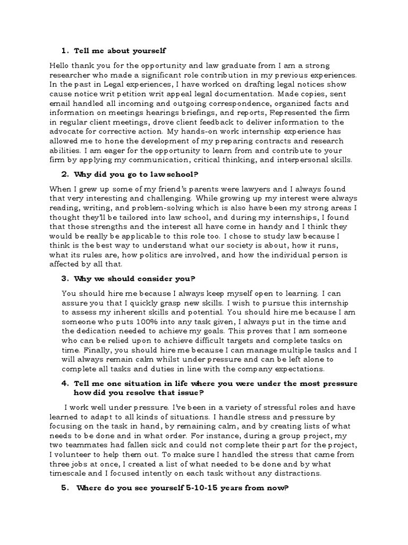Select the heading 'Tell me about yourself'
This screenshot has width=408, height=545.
tap(120, 51)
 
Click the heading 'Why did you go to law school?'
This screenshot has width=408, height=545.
tap(127, 174)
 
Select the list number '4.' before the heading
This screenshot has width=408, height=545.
tap(64, 384)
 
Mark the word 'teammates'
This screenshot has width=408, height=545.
tap(90, 444)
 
